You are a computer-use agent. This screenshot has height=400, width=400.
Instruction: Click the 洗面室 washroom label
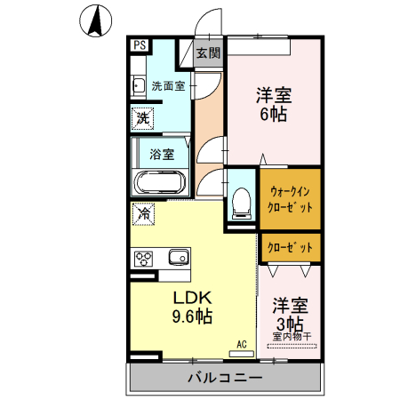click(167, 86)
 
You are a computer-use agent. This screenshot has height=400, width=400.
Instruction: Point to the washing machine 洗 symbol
click(142, 116)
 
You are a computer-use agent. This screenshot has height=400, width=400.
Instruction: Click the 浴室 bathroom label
click(161, 153)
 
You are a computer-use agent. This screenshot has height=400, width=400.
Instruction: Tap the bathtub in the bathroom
click(159, 184)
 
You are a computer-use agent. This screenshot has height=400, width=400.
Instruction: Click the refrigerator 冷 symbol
click(143, 213)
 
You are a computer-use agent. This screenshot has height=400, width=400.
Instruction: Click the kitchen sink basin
click(178, 258)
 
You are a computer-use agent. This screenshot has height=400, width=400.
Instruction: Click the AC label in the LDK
click(241, 344)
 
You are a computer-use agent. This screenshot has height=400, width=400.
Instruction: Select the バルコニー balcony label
click(224, 378)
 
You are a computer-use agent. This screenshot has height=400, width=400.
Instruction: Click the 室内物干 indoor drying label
click(292, 336)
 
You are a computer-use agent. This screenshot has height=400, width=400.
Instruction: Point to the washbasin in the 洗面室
click(138, 86)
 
